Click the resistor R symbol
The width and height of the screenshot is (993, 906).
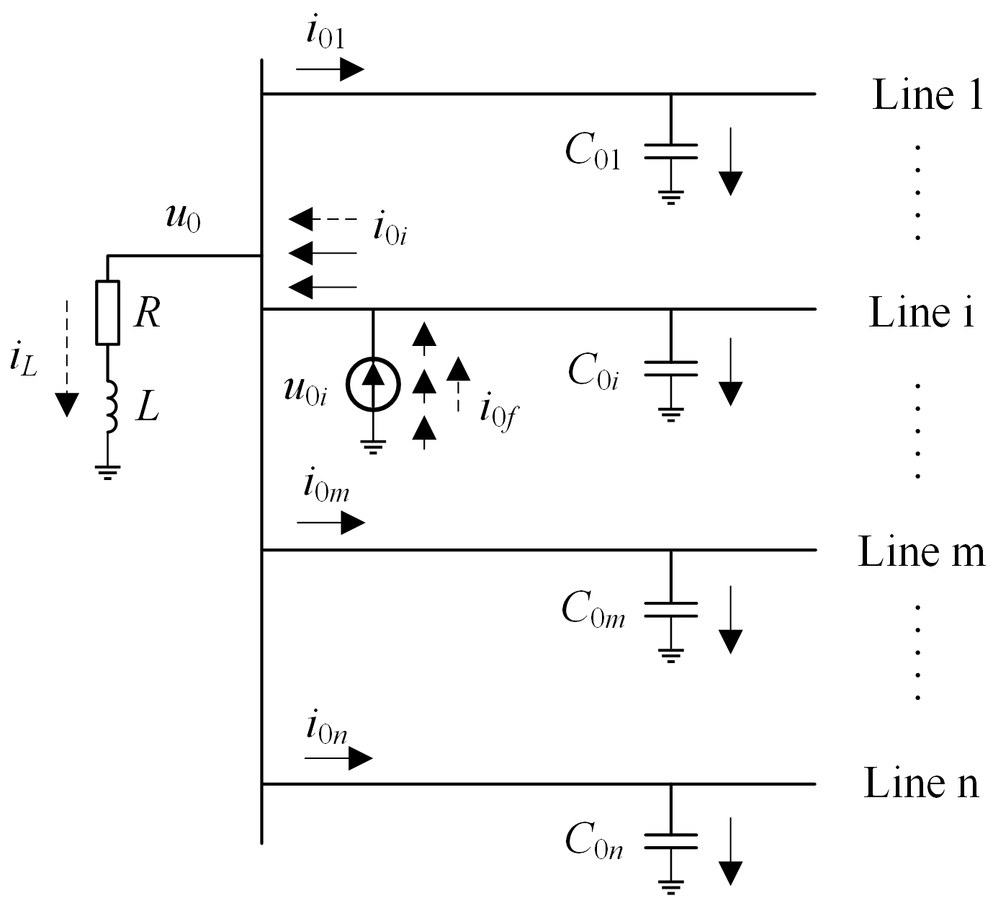coord(107,312)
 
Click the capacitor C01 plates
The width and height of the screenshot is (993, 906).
coord(670,151)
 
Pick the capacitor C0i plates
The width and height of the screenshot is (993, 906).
coord(670,368)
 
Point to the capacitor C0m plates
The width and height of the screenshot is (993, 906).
coord(670,609)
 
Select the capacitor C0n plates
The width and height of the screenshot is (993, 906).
coord(670,841)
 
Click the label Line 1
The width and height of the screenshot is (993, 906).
coord(927,95)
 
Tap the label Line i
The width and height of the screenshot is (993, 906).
coord(921,312)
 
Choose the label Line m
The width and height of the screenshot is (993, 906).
coord(921,552)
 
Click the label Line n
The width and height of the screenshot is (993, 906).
coord(921,783)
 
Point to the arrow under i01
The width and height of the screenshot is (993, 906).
coord(330,69)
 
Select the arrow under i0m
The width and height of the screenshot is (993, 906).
coord(331,523)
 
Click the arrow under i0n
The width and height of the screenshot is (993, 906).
coord(338,758)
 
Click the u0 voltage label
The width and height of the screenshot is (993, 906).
coord(183,218)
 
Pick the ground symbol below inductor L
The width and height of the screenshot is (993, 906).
coord(107,472)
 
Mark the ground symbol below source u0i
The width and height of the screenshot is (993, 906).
coord(372,448)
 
